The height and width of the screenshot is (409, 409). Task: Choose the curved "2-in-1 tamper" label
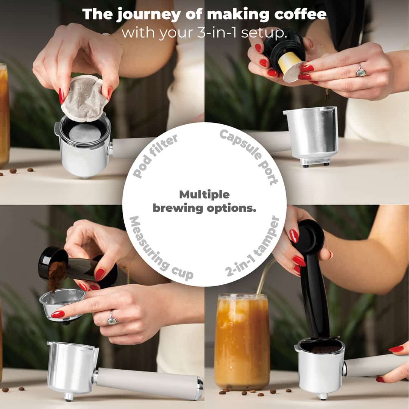pyautogui.click(x=252, y=247)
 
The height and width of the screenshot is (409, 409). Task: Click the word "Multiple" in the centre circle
pyautogui.click(x=204, y=195)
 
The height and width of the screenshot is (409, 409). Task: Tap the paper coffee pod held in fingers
pyautogui.click(x=85, y=98)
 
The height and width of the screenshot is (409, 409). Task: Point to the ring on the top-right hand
pyautogui.click(x=361, y=70)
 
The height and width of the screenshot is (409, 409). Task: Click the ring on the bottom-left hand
pyautogui.click(x=112, y=318)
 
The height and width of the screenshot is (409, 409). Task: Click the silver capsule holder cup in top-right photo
pyautogui.click(x=311, y=136)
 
